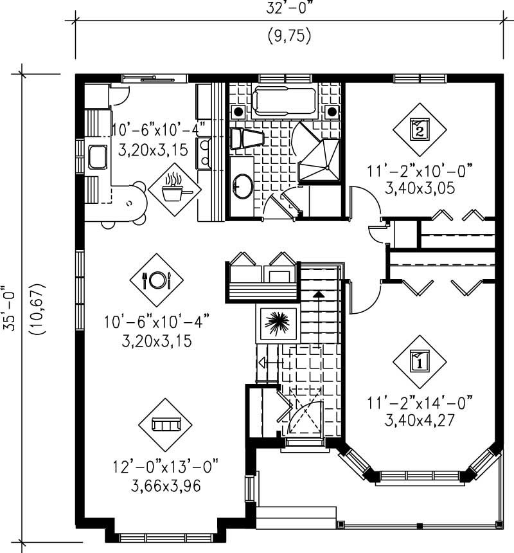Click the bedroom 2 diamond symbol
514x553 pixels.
[x=419, y=130]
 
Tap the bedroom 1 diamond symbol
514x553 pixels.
[x=419, y=361]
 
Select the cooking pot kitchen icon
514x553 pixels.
[x=174, y=188]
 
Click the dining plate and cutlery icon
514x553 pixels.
[x=157, y=279]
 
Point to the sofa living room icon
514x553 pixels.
[x=165, y=424]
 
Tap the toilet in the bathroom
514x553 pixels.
[x=247, y=138]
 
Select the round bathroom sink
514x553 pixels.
[x=244, y=186]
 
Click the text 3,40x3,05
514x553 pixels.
[x=420, y=188]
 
